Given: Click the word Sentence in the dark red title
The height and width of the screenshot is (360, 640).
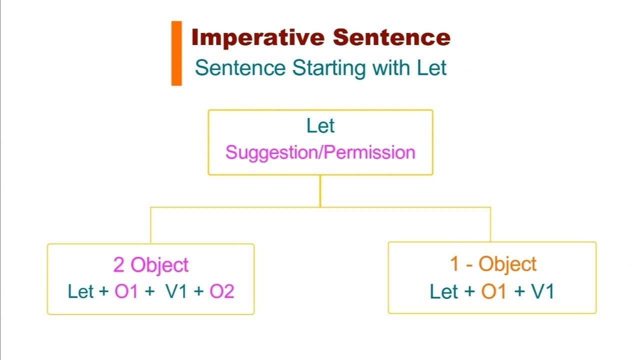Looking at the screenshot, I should coord(391,38).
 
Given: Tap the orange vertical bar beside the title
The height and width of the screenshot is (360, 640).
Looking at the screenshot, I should coord(176,53).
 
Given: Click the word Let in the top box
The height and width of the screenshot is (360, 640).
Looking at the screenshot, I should coord(320,126).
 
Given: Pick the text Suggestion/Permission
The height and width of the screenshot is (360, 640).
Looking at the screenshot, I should coord(320,152).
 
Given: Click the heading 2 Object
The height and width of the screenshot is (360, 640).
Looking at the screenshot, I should coord(150,265).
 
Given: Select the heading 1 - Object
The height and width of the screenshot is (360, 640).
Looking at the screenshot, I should coord(493,264).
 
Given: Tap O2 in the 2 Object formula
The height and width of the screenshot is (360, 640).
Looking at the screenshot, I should coord(221,291).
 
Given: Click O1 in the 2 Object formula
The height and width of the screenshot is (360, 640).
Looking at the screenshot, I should coord(126,291).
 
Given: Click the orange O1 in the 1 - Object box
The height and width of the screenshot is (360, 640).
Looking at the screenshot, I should coord(493,291).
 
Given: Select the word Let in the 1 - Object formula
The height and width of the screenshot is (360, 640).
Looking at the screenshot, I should coord(444,291).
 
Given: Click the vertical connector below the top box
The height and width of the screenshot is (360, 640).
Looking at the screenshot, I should coord(320,191).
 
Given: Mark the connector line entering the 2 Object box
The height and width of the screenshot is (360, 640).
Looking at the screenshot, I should coord(150,225).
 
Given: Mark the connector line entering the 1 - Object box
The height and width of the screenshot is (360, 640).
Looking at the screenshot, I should coord(490,224).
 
